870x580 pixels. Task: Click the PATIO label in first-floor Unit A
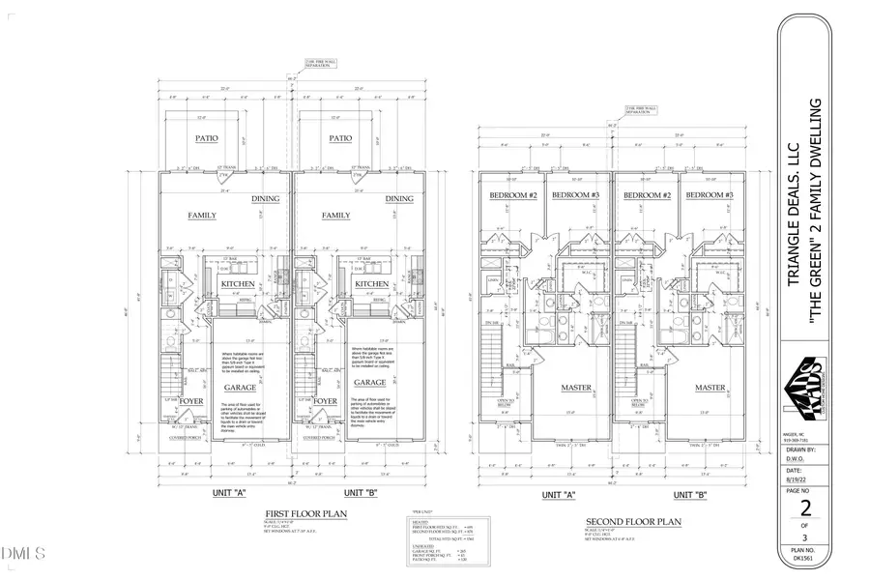point(206,138)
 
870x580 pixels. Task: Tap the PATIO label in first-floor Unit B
point(339,138)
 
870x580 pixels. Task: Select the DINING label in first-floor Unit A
point(266,199)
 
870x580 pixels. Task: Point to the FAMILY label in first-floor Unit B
point(335,216)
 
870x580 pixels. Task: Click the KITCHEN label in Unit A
point(238,284)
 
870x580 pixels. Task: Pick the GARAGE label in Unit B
point(372,383)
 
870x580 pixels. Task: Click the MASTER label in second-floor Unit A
point(577,388)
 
